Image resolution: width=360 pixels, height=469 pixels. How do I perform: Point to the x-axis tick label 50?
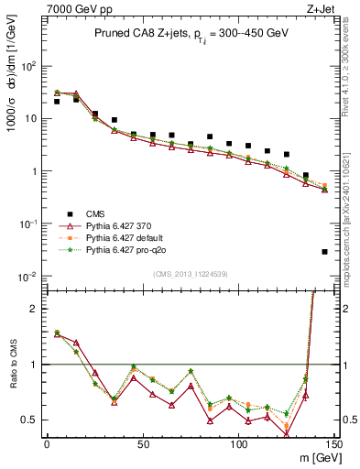point(143,444)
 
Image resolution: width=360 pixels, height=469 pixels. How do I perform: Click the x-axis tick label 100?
point(238,444)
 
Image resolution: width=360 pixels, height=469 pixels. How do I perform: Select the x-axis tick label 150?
point(333,444)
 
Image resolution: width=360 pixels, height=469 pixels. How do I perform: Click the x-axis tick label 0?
point(47,444)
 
